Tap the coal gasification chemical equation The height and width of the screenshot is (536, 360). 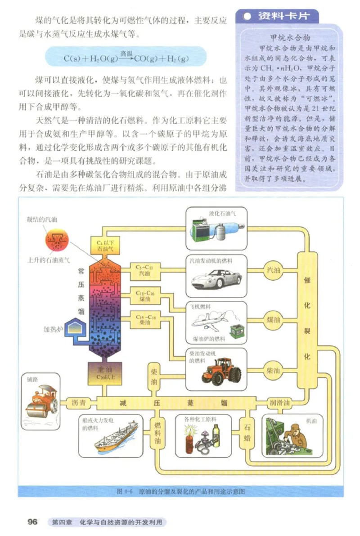126,58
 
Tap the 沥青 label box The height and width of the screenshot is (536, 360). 78,403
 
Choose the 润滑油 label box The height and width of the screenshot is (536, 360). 279,403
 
